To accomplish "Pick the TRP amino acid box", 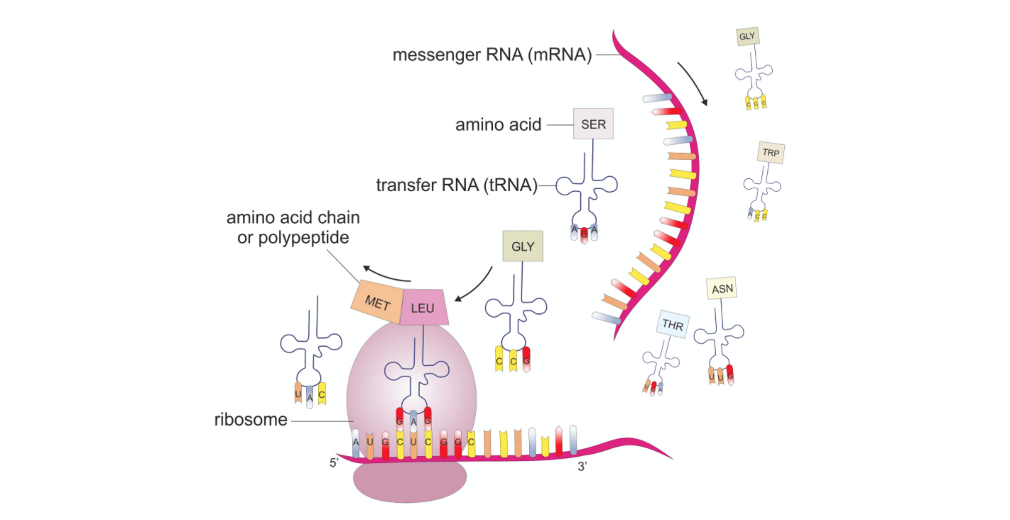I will (771, 152).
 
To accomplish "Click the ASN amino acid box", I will (722, 289).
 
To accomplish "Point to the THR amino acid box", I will (672, 325).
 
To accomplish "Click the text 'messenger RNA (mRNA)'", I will (492, 55).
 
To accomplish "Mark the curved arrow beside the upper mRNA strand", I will (694, 84).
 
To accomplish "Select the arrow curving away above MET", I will (387, 273).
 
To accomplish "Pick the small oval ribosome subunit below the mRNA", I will (410, 481).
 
